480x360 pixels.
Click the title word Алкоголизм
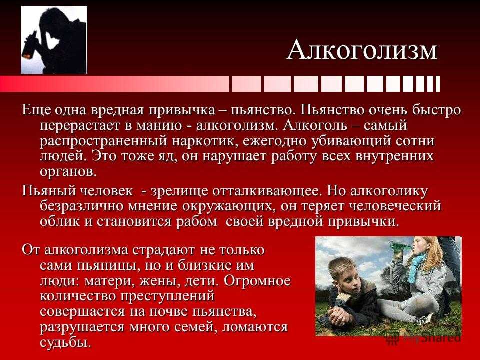(362, 50)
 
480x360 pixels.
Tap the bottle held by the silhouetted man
(30, 46)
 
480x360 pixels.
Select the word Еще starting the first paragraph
(34, 110)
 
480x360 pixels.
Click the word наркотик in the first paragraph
(204, 141)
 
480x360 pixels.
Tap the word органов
(68, 172)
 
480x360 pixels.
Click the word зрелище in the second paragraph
(179, 191)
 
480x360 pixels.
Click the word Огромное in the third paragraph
(257, 281)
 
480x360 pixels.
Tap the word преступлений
(168, 296)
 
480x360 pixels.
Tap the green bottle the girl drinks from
(401, 246)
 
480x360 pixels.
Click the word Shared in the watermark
(441, 338)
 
